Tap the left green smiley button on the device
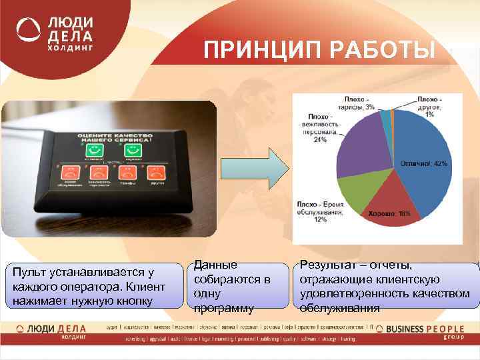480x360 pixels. (94, 148)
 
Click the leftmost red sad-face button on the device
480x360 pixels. (70, 173)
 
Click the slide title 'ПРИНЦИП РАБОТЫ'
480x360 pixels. (320, 51)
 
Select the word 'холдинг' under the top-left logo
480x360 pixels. (69, 49)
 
